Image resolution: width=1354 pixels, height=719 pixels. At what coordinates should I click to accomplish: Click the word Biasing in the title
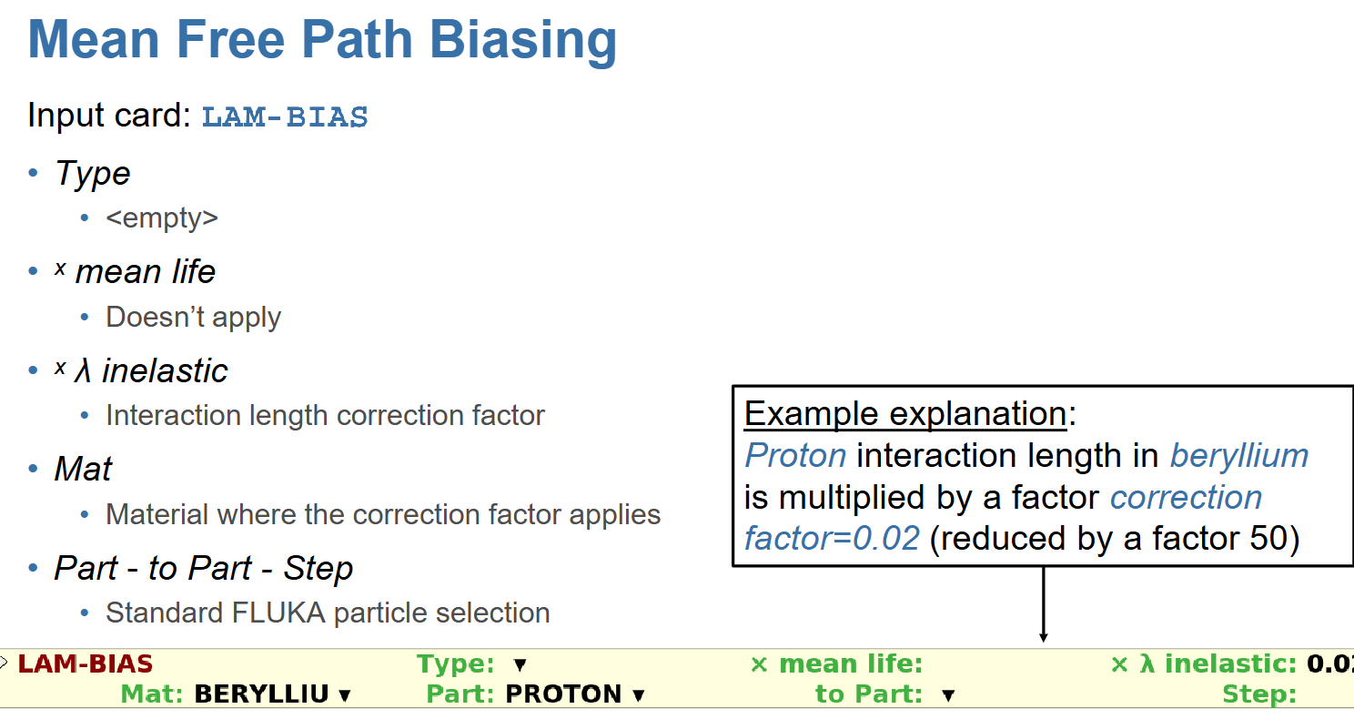[523, 41]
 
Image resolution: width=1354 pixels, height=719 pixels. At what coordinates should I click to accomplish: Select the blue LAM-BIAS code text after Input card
[285, 116]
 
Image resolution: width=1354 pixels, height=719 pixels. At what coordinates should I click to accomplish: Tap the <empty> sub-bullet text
[162, 218]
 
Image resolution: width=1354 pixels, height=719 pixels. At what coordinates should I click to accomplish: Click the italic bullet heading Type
[93, 174]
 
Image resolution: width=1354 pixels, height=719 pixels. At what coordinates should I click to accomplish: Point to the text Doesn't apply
[194, 317]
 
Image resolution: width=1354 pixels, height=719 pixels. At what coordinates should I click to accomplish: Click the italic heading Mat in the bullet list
[84, 469]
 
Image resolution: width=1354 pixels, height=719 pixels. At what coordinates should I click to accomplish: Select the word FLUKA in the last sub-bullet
[278, 613]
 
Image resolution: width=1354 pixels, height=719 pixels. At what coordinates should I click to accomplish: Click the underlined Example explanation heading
[905, 413]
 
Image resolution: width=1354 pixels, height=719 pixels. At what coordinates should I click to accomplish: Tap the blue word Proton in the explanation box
[795, 455]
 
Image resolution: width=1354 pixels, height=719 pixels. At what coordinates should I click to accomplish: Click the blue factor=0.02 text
[832, 538]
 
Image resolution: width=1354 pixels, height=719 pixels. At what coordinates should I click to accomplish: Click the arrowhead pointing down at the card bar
[1044, 637]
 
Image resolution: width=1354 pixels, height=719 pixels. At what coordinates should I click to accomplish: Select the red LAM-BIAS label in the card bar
[86, 664]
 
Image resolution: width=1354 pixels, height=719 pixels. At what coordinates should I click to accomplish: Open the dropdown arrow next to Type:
[520, 665]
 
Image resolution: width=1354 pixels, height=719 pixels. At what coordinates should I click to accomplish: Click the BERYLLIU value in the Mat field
[262, 694]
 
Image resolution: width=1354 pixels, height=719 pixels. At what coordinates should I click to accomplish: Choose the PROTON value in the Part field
[563, 694]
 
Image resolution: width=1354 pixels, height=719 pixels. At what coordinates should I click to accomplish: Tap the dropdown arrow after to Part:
[948, 695]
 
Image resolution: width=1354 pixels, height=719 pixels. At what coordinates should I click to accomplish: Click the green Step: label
[1259, 694]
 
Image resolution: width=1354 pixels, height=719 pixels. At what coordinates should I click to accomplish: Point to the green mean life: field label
[851, 664]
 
